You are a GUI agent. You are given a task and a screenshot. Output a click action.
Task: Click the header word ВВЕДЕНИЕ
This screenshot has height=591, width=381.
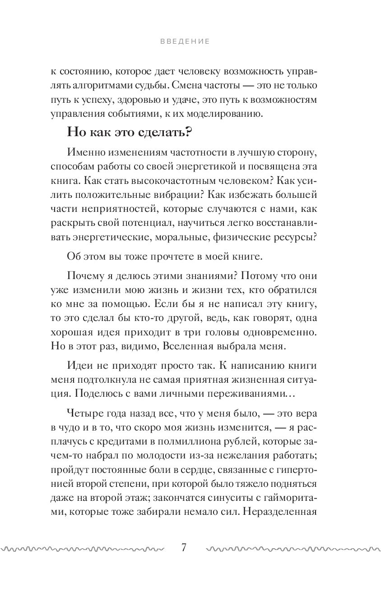(185, 41)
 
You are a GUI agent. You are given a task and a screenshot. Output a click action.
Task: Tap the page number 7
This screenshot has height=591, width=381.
(184, 548)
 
